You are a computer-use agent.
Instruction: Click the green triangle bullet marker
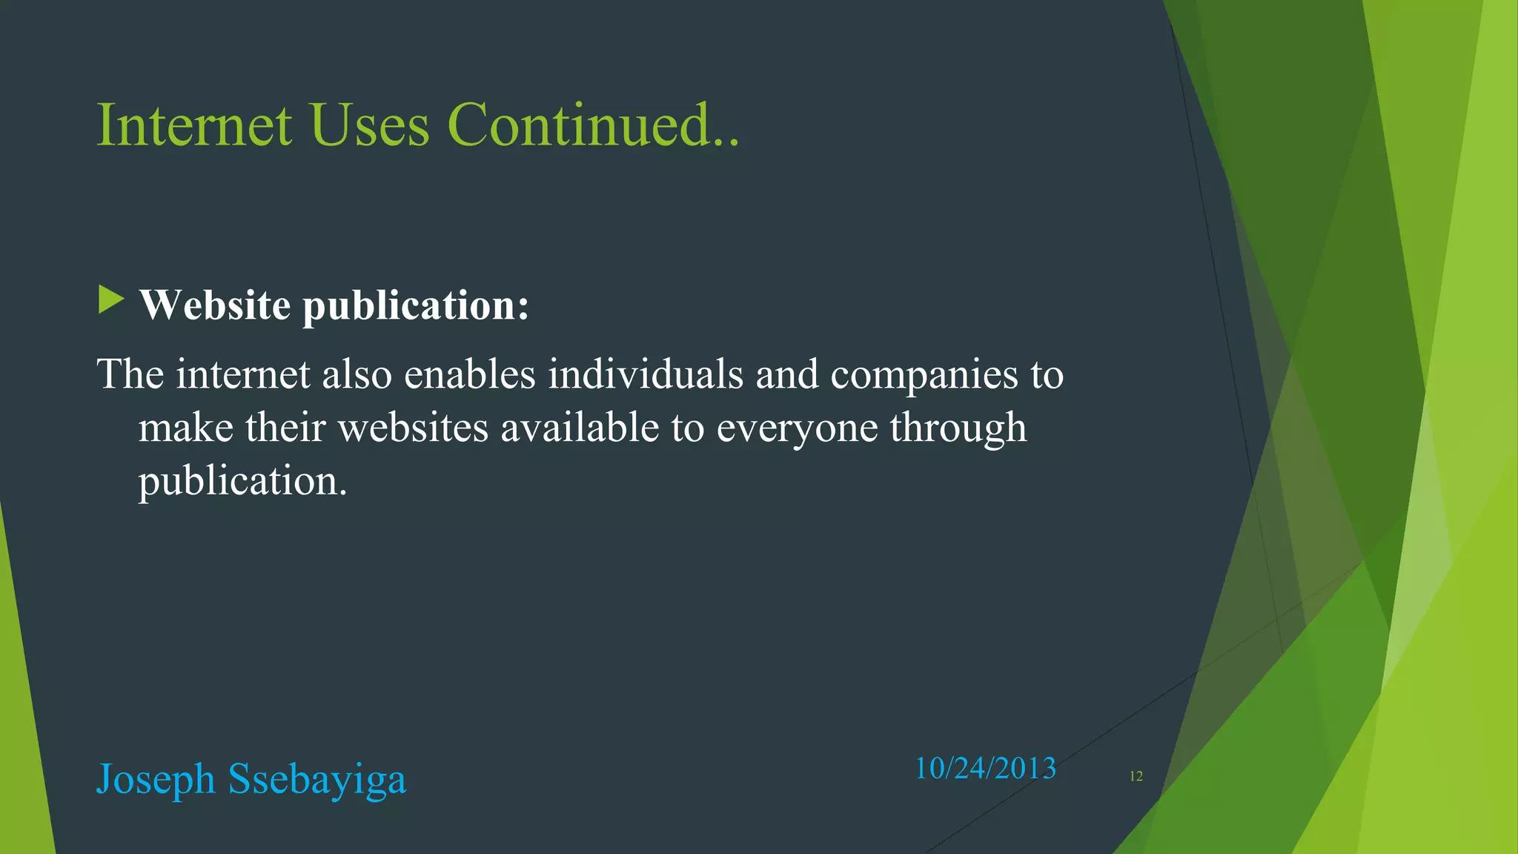(x=111, y=300)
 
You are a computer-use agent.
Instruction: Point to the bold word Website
(x=215, y=305)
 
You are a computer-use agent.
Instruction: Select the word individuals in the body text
(x=646, y=374)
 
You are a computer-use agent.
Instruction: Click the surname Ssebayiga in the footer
(x=317, y=780)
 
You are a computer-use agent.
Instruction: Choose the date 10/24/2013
(x=985, y=769)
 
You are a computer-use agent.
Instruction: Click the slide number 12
(x=1136, y=776)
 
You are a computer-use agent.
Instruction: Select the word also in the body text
(x=357, y=374)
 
